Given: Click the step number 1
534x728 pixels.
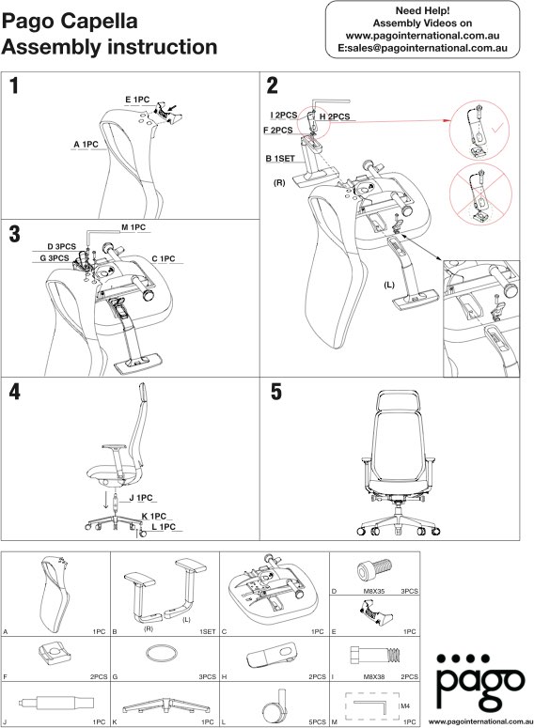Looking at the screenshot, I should pos(16,87).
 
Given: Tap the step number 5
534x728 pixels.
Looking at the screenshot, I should pos(276,393).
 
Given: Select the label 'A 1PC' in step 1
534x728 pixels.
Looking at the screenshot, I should pos(86,144).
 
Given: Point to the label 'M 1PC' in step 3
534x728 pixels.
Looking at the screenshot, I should pos(133,227).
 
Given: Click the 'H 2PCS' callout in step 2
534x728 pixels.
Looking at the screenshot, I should pos(335,116).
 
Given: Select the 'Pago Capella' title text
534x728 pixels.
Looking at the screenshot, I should pos(71,21).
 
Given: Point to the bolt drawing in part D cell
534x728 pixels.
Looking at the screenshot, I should pos(367,568).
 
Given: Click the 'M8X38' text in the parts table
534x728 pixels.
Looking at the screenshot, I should pos(364,676).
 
